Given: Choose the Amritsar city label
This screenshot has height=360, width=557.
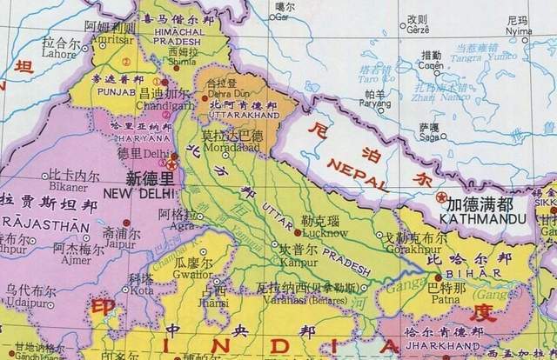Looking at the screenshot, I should (106, 39).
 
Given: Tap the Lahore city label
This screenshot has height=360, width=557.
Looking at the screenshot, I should (60, 53).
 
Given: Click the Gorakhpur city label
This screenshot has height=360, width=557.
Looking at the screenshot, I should (405, 248).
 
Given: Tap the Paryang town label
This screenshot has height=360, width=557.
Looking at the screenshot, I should (375, 103).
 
